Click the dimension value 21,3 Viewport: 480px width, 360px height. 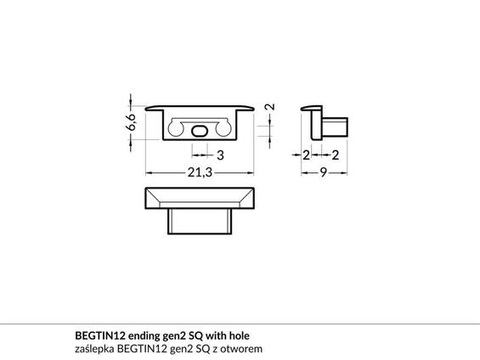coord(200,172)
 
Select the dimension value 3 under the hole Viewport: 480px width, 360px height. coord(220,155)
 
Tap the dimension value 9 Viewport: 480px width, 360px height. coord(324,172)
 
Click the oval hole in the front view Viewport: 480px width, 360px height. coord(200,130)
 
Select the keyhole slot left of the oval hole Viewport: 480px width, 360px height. coord(176,127)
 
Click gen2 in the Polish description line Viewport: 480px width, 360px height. coord(174,349)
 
